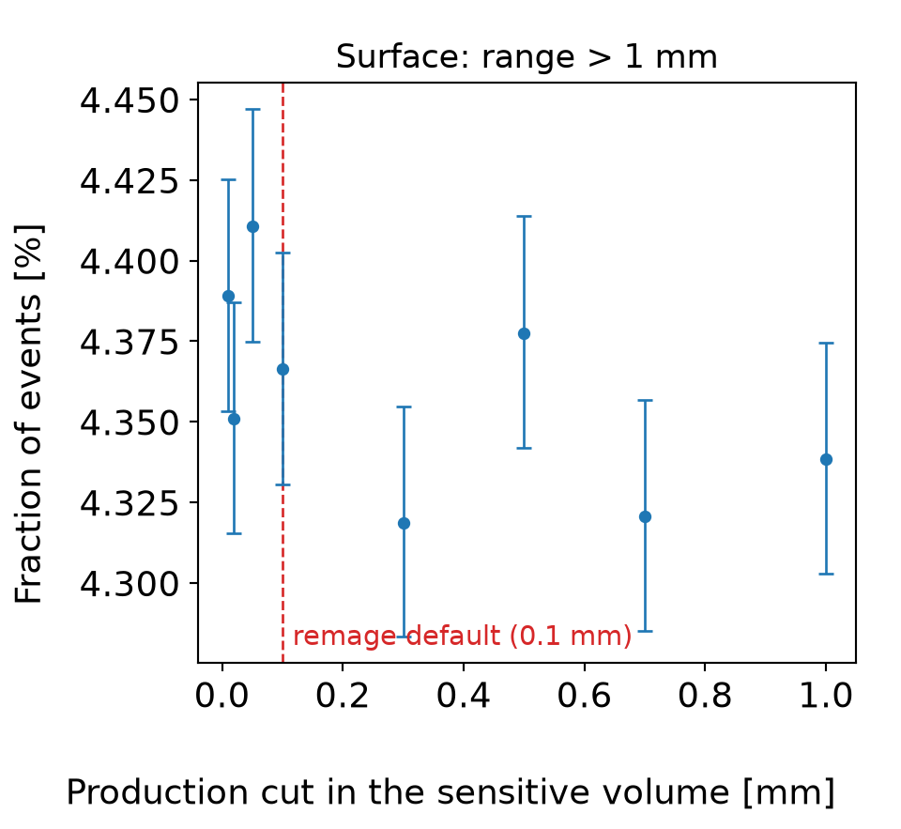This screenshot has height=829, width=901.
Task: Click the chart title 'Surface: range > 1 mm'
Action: (x=527, y=57)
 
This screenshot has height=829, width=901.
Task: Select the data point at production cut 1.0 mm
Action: (x=826, y=459)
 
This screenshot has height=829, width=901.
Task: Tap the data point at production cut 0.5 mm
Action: (x=524, y=334)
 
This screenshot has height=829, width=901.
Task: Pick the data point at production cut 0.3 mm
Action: (x=404, y=523)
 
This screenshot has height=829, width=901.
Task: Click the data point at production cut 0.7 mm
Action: (x=646, y=516)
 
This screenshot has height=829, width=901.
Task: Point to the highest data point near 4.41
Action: (x=252, y=227)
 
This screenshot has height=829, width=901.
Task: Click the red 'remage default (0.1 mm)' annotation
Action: (x=463, y=636)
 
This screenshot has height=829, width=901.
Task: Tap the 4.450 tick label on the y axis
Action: (x=130, y=101)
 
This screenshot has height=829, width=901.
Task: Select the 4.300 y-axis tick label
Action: (x=130, y=584)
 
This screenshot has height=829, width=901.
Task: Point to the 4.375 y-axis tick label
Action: (x=130, y=343)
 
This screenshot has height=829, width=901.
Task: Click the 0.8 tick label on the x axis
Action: (x=705, y=696)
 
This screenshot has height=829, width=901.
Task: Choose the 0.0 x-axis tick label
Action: (x=221, y=696)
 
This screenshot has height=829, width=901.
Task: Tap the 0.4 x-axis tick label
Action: (x=463, y=696)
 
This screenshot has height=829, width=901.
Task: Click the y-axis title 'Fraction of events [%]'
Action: (x=29, y=414)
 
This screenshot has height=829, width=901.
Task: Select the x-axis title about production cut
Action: (x=450, y=792)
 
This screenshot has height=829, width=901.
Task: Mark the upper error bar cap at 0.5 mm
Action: (x=524, y=216)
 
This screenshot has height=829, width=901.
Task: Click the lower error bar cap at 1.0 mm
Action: (x=826, y=574)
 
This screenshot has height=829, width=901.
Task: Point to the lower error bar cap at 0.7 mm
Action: (x=646, y=631)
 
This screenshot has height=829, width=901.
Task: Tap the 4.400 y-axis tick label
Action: (x=130, y=262)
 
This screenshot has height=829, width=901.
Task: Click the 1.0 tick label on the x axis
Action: (x=826, y=696)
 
